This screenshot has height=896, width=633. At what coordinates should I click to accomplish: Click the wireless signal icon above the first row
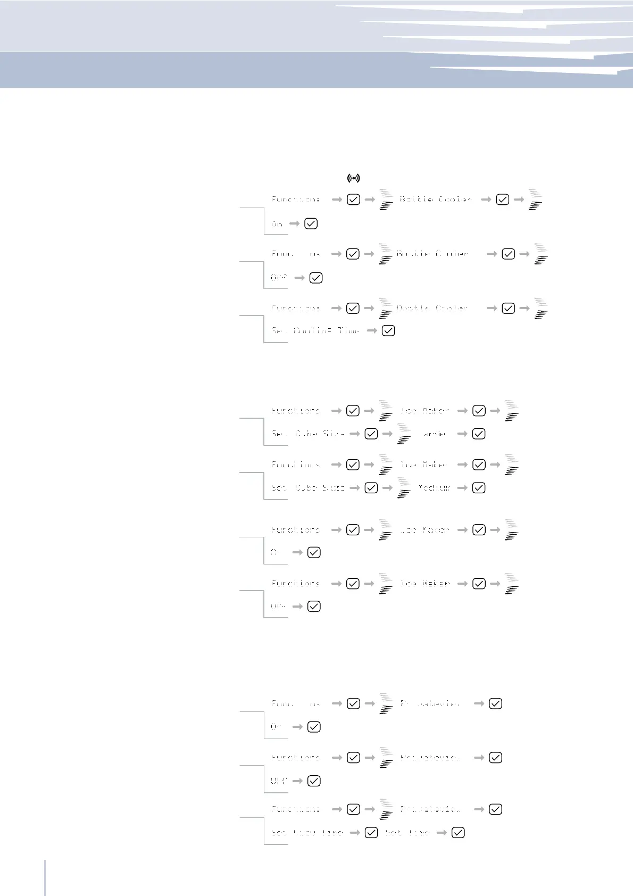point(353,178)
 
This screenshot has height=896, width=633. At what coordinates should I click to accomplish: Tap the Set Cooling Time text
point(315,330)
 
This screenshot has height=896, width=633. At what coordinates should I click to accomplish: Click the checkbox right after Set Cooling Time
point(389,330)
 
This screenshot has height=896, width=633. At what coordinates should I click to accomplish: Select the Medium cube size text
point(434,488)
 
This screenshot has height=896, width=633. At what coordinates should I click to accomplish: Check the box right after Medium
point(479,488)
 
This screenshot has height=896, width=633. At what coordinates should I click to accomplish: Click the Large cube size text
point(434,434)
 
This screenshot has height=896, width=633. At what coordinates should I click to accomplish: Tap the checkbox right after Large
point(479,434)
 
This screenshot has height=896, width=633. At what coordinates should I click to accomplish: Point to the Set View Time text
point(307,833)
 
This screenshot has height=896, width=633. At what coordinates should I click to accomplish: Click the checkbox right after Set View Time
point(371,833)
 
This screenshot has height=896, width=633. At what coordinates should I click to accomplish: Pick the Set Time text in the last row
point(407,833)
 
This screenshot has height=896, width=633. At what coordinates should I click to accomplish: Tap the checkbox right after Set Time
point(458,833)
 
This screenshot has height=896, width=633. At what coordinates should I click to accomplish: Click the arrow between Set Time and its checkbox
point(442,833)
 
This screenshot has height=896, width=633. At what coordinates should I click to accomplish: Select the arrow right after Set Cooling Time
point(372,330)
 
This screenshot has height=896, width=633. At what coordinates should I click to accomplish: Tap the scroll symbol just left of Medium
point(404,488)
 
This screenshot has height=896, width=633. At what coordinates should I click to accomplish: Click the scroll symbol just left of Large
point(404,434)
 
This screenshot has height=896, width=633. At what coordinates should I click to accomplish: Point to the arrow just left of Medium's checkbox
point(462,488)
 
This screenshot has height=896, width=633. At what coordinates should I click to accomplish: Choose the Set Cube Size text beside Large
point(307,434)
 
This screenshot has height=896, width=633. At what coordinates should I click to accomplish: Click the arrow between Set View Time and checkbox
point(355,833)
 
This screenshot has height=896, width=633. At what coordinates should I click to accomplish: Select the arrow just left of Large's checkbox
point(462,434)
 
